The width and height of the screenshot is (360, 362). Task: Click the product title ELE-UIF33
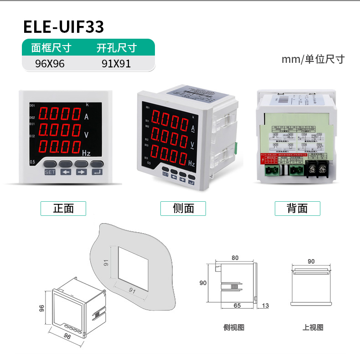[x=64, y=27]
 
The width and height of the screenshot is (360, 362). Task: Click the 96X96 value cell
[x=50, y=64]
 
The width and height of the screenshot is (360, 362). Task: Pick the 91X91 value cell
[x=116, y=64]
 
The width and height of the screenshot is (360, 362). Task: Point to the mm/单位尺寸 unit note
[x=313, y=59]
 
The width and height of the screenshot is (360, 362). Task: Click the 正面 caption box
[x=63, y=209]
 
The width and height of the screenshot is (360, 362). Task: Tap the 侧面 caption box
[x=183, y=209]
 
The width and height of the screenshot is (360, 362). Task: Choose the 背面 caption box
[x=297, y=209]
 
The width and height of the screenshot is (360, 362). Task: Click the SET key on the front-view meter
[x=50, y=172]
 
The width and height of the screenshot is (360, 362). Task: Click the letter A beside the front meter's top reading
[x=87, y=117]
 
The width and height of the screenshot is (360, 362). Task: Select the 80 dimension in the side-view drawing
[x=235, y=258]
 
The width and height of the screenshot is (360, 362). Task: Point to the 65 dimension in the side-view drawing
[x=237, y=306]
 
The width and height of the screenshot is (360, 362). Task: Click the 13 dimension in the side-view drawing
[x=266, y=306]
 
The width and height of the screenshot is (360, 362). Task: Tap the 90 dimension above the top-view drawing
[x=311, y=261]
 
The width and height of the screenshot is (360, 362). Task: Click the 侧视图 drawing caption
[x=234, y=327]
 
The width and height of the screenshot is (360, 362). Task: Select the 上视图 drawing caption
[x=313, y=327]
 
